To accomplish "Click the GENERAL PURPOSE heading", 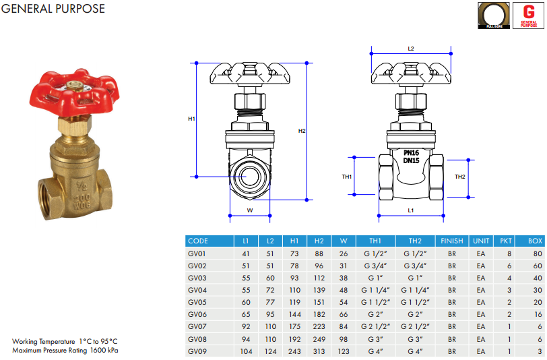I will point(53,9).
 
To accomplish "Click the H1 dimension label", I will point(191,119).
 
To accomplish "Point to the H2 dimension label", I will point(302,130).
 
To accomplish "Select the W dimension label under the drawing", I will point(249,210).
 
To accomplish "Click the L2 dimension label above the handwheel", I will point(411,49).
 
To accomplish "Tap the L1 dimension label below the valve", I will point(411,211).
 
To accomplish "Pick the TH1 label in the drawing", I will point(347,177).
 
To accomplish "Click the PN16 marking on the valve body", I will point(411,153).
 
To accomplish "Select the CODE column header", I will point(198,241).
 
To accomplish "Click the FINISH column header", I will point(451,241).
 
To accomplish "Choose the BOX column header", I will point(535,241).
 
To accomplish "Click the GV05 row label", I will point(197,302).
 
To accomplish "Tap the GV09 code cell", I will point(197,351).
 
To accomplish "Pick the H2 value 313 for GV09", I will point(319,351).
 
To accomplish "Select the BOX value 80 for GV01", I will point(538,253).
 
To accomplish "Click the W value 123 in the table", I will point(344,351).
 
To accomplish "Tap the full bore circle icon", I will point(494,16).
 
